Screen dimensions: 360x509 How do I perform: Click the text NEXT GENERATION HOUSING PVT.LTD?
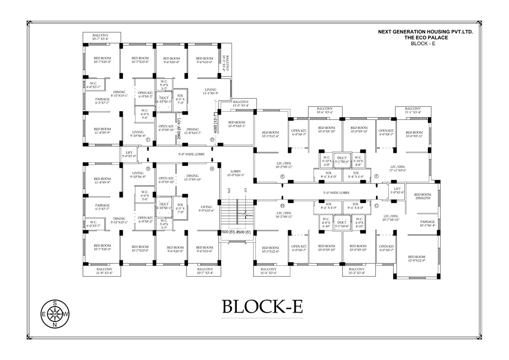[426, 32]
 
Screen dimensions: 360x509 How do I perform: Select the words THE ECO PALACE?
[426, 37]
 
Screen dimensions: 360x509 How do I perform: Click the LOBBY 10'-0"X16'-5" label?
[235, 173]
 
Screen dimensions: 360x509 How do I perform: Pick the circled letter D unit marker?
[212, 140]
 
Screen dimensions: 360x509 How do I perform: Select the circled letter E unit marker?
[283, 176]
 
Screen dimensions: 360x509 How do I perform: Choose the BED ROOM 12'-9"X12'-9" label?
[416, 258]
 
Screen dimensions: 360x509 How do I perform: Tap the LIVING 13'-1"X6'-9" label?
[211, 91]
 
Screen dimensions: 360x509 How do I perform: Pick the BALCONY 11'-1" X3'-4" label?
[412, 110]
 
